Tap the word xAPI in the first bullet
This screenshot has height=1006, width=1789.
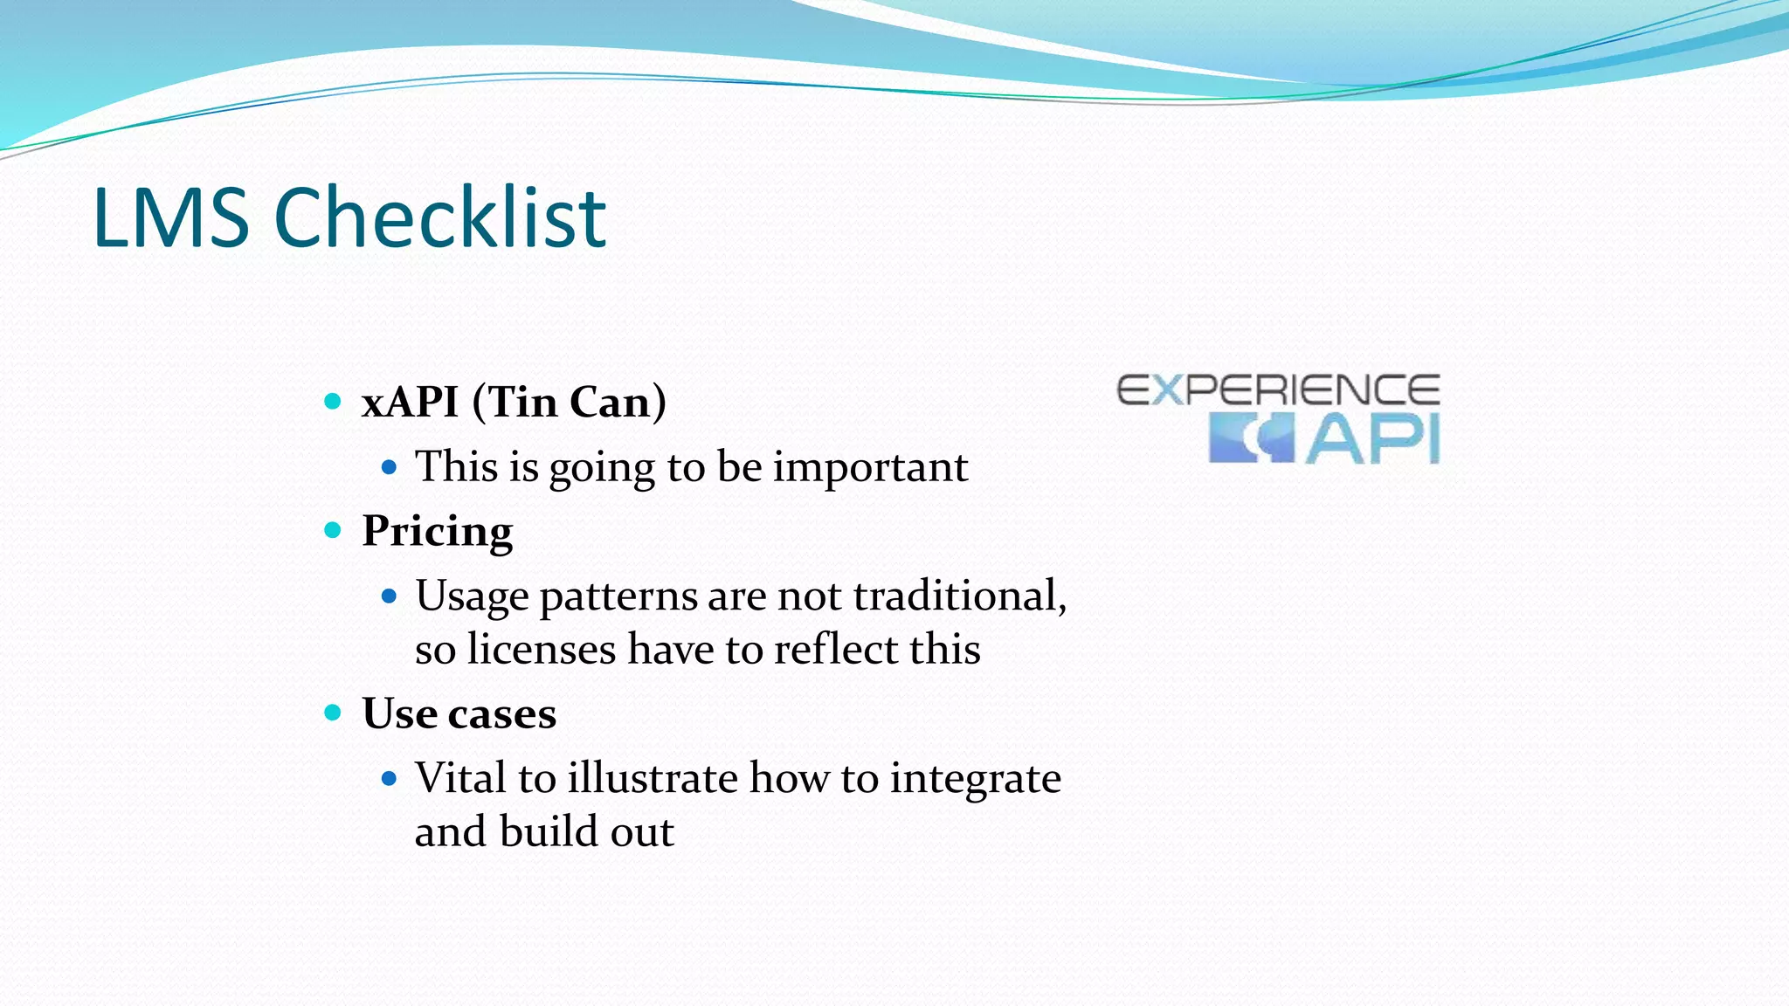coord(410,403)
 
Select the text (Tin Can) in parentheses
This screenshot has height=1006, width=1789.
coord(569,403)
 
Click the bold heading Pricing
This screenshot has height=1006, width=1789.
coord(437,531)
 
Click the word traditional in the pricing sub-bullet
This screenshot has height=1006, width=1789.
coord(957,596)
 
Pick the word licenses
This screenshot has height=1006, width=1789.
coord(541,650)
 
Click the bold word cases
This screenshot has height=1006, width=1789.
coord(501,713)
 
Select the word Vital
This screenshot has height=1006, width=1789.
coord(460,777)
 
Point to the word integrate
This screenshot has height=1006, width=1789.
coord(975,779)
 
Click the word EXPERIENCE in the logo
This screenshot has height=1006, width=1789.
coord(1278,389)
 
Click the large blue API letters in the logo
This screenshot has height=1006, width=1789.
coord(1372,439)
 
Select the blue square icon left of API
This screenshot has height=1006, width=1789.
coord(1250,439)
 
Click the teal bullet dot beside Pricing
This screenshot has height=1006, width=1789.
coord(332,530)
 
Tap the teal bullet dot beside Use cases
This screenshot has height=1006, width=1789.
coord(332,713)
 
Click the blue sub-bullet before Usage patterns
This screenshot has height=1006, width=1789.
coord(390,596)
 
